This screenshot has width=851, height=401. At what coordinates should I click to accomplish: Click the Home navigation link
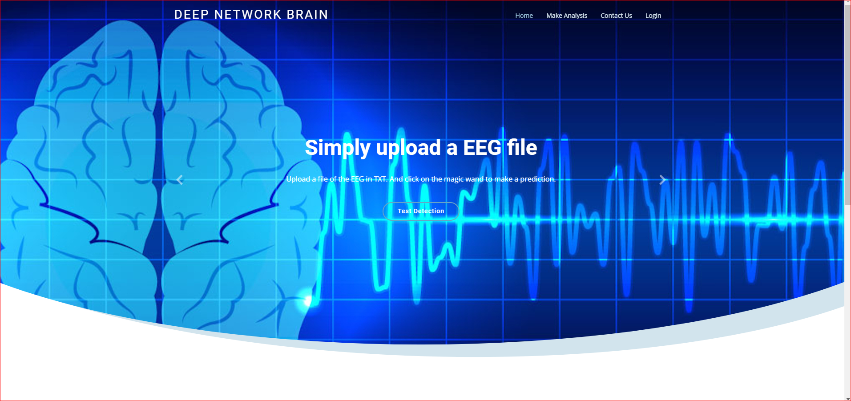tap(524, 16)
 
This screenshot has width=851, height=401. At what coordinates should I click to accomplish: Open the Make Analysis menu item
tap(566, 16)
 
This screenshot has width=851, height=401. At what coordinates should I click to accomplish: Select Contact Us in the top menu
tap(616, 16)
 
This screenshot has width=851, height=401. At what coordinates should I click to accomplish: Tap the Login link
tap(653, 16)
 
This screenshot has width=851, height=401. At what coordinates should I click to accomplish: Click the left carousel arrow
tap(180, 180)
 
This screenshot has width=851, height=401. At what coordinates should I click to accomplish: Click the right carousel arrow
tap(662, 180)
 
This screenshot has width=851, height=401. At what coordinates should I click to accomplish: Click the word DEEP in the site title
tap(191, 15)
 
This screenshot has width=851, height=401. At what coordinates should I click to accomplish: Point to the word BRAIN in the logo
tap(307, 15)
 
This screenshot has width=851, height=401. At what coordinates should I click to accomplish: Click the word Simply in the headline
tap(337, 148)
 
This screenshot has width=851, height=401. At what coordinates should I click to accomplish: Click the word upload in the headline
tap(408, 148)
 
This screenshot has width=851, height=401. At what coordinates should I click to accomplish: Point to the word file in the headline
tap(522, 148)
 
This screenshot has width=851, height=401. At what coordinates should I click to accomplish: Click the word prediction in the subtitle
tap(537, 179)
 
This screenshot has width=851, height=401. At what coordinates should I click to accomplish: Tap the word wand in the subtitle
tap(474, 179)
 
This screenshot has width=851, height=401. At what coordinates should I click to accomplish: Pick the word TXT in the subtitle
tap(380, 179)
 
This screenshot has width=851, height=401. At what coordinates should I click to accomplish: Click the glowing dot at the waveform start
tap(307, 301)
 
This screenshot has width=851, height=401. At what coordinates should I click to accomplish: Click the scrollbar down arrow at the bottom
tap(847, 398)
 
